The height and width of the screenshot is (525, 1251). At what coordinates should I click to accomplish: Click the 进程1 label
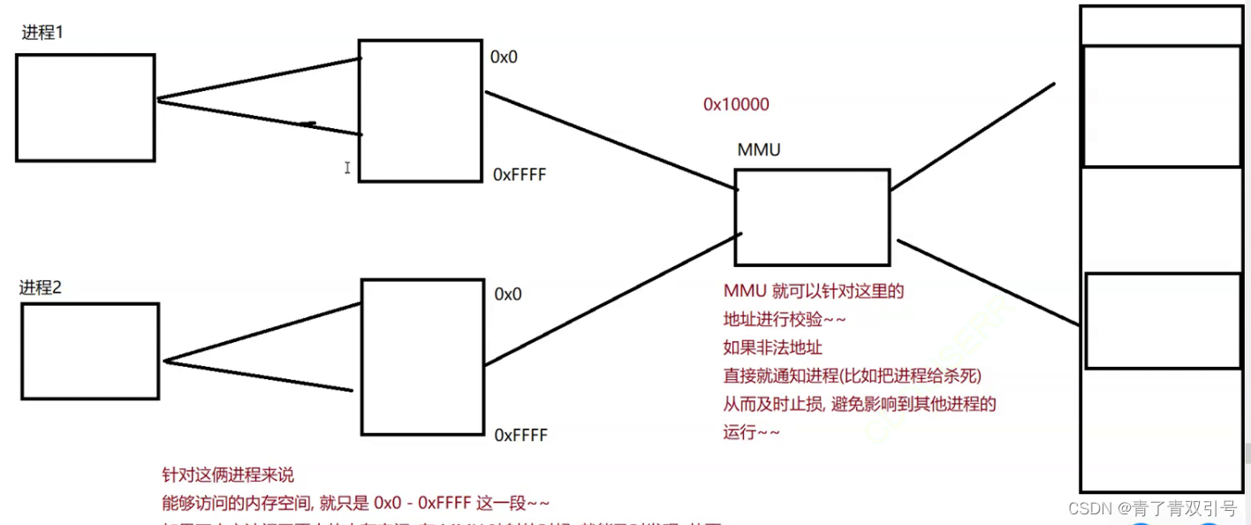(x=42, y=34)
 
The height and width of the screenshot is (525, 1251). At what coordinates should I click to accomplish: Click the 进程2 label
(x=41, y=287)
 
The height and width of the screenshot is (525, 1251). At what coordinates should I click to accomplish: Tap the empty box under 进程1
(x=85, y=107)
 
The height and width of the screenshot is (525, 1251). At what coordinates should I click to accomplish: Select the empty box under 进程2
(x=89, y=351)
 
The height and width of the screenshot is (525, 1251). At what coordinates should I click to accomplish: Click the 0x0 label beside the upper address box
(x=504, y=57)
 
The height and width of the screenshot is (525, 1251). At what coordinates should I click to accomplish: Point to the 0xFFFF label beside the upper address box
(x=519, y=175)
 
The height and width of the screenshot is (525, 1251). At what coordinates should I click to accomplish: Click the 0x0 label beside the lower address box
(x=508, y=294)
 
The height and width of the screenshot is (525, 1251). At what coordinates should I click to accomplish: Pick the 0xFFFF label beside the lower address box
(x=520, y=435)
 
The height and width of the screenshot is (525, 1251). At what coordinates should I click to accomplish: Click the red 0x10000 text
(x=736, y=104)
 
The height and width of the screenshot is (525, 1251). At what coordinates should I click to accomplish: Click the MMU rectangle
(x=811, y=217)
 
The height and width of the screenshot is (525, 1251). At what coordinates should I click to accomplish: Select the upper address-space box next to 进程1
(x=421, y=110)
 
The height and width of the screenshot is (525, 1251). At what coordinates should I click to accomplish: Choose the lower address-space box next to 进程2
(x=423, y=357)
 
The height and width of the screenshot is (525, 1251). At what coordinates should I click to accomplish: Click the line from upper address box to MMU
(x=610, y=141)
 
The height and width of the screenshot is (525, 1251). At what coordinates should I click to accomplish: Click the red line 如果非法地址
(x=773, y=347)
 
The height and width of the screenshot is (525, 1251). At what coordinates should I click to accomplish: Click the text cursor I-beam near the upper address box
(x=348, y=167)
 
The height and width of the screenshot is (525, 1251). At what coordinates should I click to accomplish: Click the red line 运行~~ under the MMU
(x=751, y=433)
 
